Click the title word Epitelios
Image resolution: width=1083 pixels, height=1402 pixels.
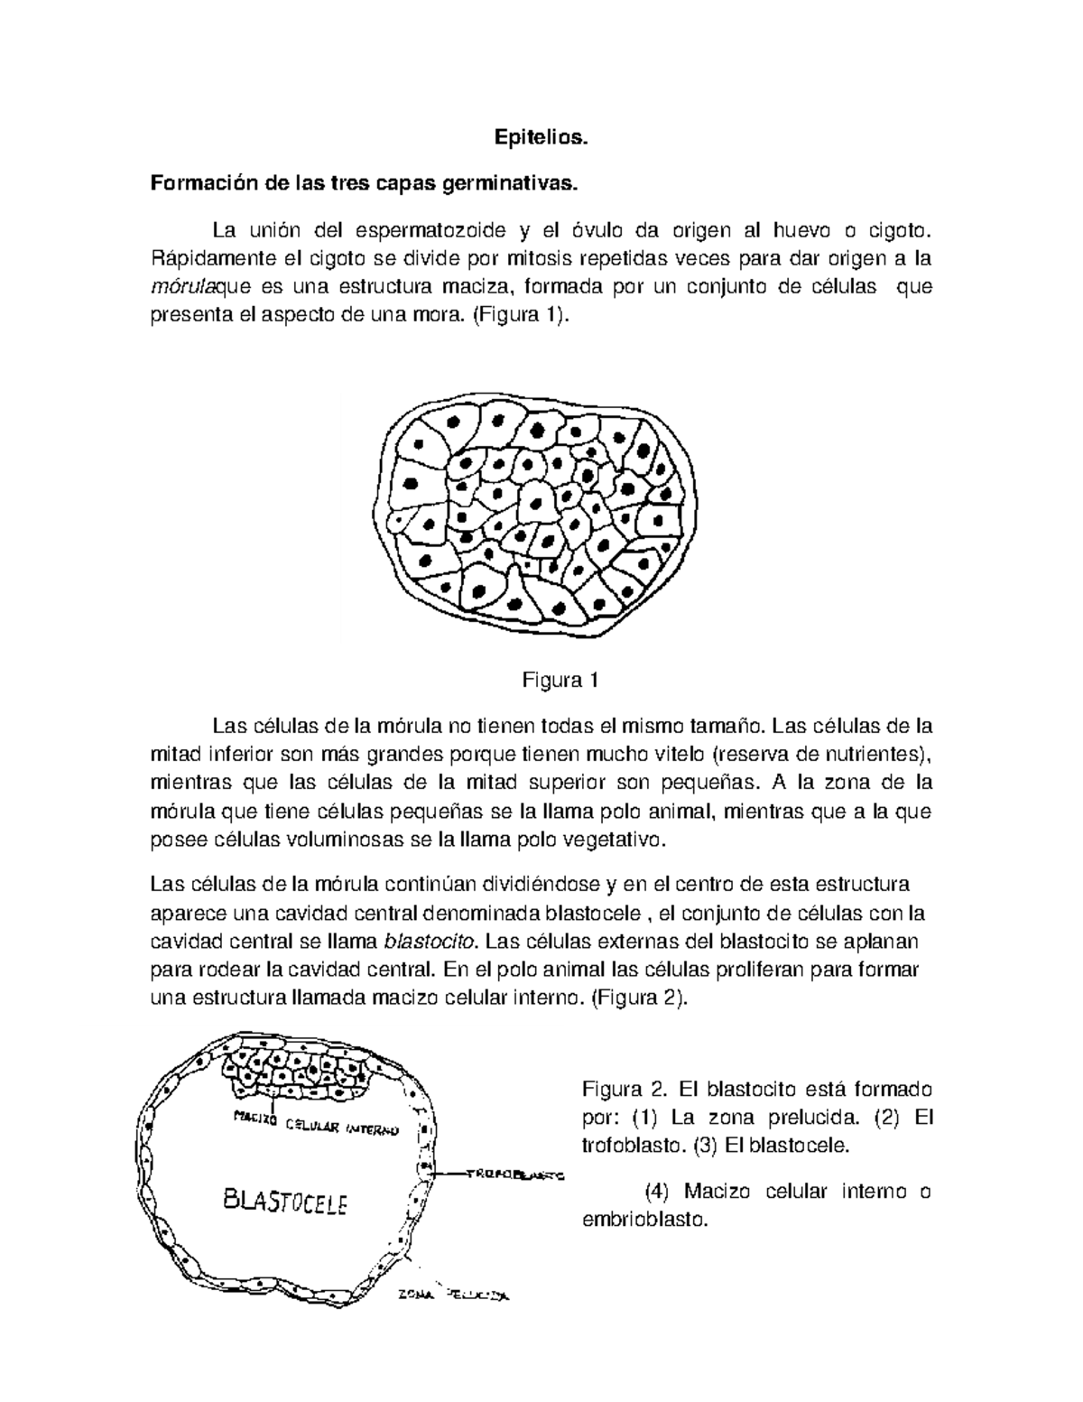(x=541, y=138)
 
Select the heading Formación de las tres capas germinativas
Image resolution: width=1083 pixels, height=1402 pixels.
(x=362, y=184)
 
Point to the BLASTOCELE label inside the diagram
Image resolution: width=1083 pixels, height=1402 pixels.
(x=285, y=1202)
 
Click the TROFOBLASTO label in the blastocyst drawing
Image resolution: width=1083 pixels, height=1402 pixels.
(x=514, y=1175)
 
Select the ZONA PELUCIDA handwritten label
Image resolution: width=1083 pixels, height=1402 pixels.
(x=454, y=1297)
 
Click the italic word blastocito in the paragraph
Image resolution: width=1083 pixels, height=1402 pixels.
(x=430, y=942)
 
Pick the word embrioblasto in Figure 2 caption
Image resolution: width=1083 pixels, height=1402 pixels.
(x=643, y=1220)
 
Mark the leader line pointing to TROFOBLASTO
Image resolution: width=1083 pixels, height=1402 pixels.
(x=451, y=1175)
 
